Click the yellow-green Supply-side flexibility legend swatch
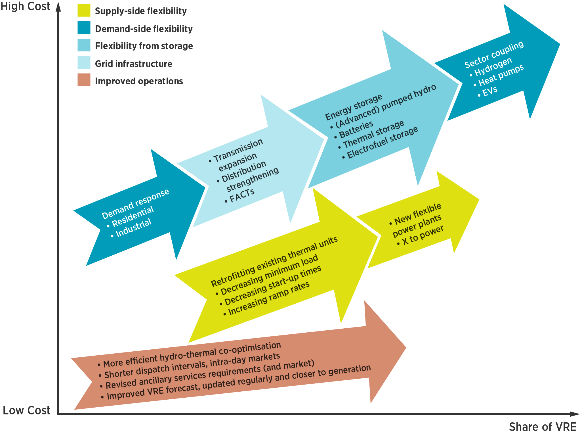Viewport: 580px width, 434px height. coord(84,10)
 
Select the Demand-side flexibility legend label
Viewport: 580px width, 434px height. coord(144,29)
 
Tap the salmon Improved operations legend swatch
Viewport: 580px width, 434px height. coord(84,80)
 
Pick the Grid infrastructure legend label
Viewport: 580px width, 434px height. coord(133,64)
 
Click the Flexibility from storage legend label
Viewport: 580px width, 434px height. coord(144,46)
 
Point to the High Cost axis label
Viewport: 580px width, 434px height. coord(25,6)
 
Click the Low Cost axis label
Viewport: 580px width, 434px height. coord(26,410)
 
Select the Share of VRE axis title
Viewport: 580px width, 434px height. coord(542,427)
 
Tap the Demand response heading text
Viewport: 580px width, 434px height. coord(135,204)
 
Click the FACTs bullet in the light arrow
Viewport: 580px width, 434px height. coord(241,196)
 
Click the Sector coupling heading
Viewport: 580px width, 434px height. coord(494,55)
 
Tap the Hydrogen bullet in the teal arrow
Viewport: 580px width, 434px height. coord(493,67)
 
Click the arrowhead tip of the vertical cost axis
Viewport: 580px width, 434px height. coord(58,4)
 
